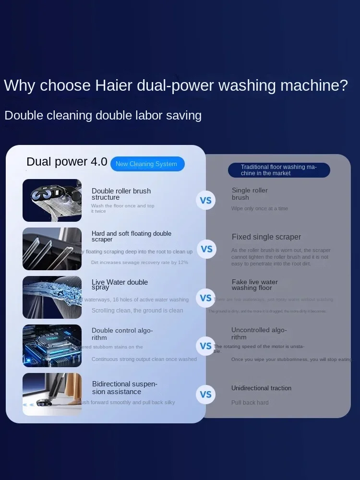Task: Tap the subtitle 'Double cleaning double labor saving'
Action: click(103, 116)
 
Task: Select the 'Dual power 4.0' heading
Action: click(67, 162)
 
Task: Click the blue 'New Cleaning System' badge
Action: click(147, 164)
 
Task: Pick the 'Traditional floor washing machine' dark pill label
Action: click(278, 170)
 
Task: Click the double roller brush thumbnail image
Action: click(52, 200)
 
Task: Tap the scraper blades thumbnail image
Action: click(52, 249)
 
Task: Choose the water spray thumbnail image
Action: click(52, 297)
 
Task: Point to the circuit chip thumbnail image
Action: click(52, 346)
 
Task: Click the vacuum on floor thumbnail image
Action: click(52, 394)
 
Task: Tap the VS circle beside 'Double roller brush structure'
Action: click(206, 200)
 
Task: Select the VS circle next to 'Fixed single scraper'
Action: click(206, 249)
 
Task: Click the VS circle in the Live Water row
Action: click(206, 298)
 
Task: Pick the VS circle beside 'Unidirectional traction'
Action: click(206, 395)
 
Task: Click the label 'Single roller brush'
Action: click(250, 194)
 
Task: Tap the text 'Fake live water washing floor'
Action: click(254, 285)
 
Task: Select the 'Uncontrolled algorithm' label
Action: click(259, 333)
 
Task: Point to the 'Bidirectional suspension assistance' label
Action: click(124, 388)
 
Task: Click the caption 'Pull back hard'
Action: click(250, 403)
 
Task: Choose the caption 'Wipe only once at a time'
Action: click(259, 209)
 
